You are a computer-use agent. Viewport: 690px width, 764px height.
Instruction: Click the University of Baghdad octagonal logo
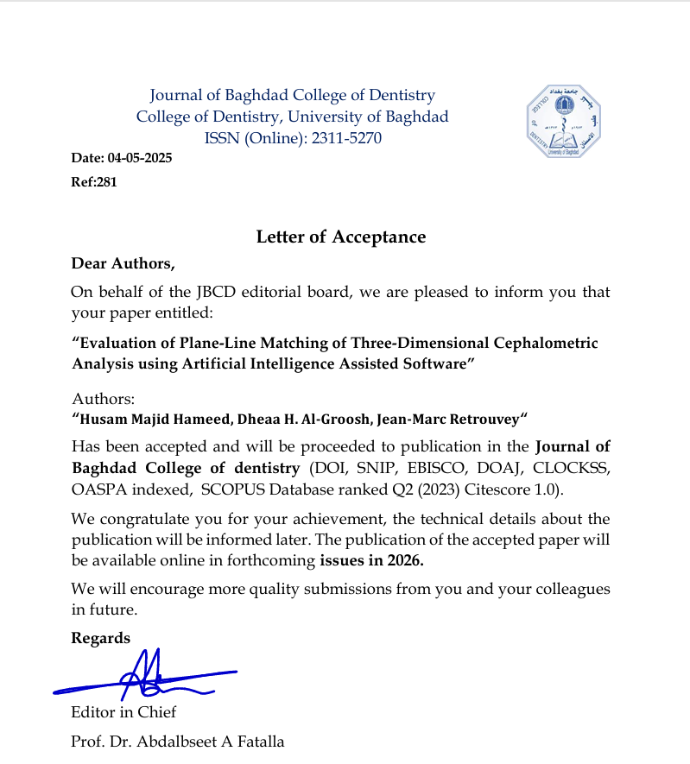565,122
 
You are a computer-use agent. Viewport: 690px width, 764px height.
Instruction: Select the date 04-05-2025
140,158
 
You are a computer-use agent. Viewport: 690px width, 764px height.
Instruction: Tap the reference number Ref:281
93,182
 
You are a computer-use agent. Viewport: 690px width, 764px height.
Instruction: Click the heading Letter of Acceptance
341,237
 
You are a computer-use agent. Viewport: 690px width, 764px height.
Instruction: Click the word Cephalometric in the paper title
544,343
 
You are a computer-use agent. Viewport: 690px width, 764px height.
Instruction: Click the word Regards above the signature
101,638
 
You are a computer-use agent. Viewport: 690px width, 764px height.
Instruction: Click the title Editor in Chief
123,712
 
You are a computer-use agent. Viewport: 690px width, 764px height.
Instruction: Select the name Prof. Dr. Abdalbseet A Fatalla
177,741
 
